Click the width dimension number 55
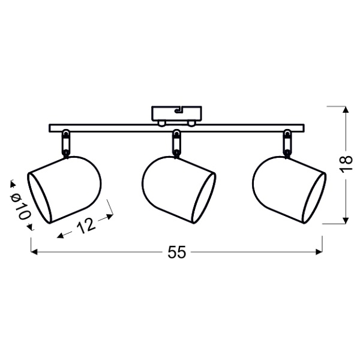(x=176, y=253)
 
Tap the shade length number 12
(x=86, y=226)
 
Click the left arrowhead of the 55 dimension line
(x=34, y=252)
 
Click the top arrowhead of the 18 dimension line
(x=344, y=110)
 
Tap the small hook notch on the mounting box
(x=178, y=110)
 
